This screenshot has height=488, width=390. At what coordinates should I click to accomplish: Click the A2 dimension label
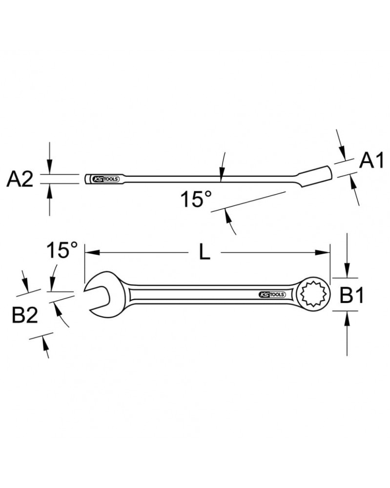pyautogui.click(x=20, y=180)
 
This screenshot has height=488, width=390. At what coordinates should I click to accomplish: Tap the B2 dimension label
pyautogui.click(x=25, y=316)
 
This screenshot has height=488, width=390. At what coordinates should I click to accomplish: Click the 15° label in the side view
pyautogui.click(x=196, y=200)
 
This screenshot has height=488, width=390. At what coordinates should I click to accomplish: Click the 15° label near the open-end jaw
pyautogui.click(x=62, y=251)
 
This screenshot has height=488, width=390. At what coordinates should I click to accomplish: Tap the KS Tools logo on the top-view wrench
pyautogui.click(x=270, y=294)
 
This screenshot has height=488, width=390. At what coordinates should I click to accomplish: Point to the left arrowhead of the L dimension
pyautogui.click(x=91, y=252)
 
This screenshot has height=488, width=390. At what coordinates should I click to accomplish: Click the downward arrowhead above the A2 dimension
pyautogui.click(x=49, y=168)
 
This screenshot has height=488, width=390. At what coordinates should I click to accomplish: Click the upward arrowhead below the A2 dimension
pyautogui.click(x=49, y=190)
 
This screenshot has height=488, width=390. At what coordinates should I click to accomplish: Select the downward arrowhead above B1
pyautogui.click(x=347, y=271)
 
